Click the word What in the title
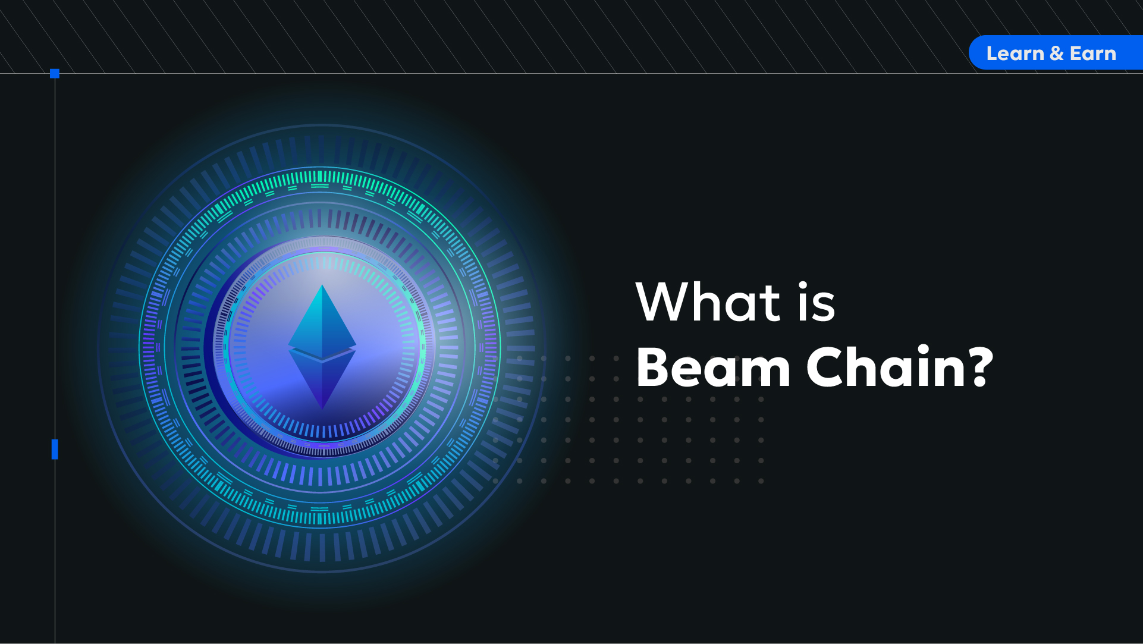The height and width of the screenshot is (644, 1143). (x=708, y=301)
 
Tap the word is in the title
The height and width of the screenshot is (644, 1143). (x=817, y=302)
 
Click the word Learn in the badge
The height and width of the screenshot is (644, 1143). (x=1015, y=54)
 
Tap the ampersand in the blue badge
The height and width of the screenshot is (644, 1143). (x=1057, y=54)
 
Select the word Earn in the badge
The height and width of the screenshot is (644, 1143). (x=1093, y=54)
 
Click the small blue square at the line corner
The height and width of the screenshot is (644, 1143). (x=55, y=74)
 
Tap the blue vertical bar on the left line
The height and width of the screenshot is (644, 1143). (x=55, y=449)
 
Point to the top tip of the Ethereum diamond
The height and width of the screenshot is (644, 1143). (x=322, y=285)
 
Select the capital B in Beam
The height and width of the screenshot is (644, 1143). (x=653, y=367)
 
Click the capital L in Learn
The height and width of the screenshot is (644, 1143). (x=992, y=54)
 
